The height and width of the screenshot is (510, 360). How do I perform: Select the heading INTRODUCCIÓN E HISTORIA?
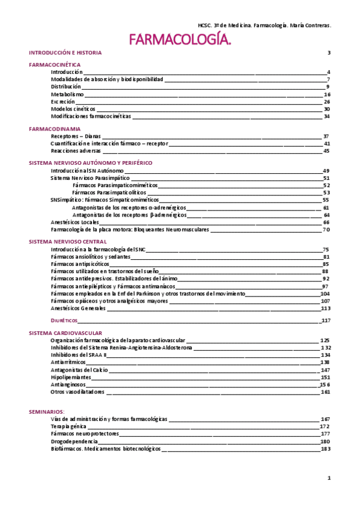66,53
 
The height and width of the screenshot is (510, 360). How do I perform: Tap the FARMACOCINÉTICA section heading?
55,64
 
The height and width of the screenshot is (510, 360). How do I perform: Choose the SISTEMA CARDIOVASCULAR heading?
66,333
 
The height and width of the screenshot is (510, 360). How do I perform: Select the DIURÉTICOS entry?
66,321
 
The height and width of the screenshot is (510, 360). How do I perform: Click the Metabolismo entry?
67,94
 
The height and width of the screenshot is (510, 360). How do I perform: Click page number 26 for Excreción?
327,102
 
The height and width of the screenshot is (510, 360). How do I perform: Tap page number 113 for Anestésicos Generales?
326,309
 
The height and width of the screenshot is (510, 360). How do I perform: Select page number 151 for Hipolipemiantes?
326,377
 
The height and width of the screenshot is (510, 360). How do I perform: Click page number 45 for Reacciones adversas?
327,152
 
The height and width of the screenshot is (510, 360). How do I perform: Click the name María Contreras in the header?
310,26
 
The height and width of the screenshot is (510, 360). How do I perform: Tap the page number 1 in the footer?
329,478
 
